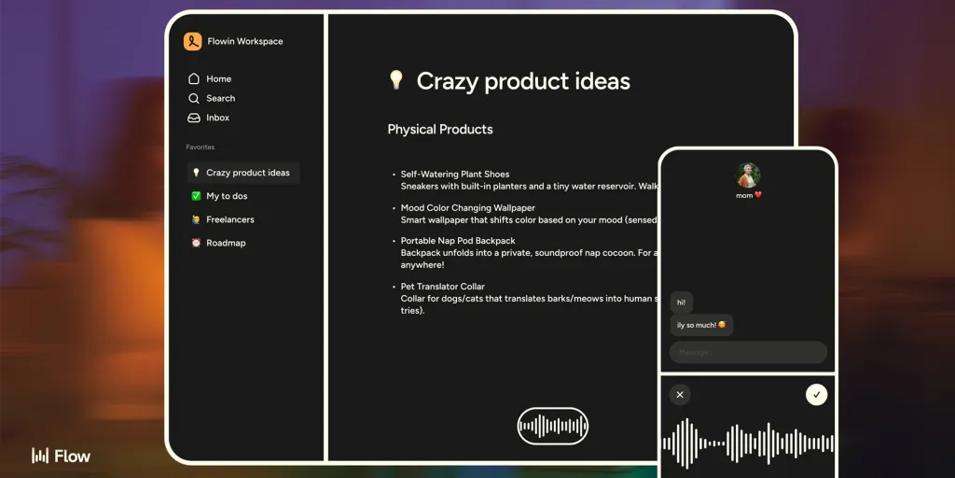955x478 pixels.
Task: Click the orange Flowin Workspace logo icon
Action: click(x=193, y=41)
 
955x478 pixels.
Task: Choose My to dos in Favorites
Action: click(x=227, y=196)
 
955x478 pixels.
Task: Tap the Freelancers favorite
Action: click(x=229, y=219)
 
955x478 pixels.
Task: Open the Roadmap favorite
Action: click(x=225, y=243)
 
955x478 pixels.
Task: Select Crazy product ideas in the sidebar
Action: click(x=247, y=173)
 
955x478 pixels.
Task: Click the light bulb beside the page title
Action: click(x=395, y=80)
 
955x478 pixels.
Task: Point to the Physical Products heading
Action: click(x=440, y=130)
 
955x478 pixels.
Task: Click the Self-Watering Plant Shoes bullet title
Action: click(x=455, y=175)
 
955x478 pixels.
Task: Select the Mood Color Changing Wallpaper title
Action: click(x=468, y=208)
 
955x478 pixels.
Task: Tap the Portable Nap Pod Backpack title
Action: click(x=458, y=241)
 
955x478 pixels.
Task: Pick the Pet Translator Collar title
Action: click(x=443, y=287)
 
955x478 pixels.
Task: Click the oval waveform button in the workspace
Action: click(x=553, y=427)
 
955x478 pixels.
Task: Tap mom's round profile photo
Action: click(x=748, y=175)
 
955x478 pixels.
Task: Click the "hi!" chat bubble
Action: click(x=682, y=302)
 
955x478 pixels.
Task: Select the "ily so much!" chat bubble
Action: click(x=701, y=325)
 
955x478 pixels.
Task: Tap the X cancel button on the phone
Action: click(x=680, y=395)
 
